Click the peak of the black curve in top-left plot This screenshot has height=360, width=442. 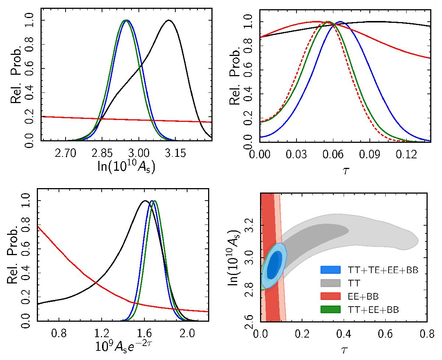[x=169, y=20]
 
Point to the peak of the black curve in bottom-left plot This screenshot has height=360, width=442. [x=145, y=201]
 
